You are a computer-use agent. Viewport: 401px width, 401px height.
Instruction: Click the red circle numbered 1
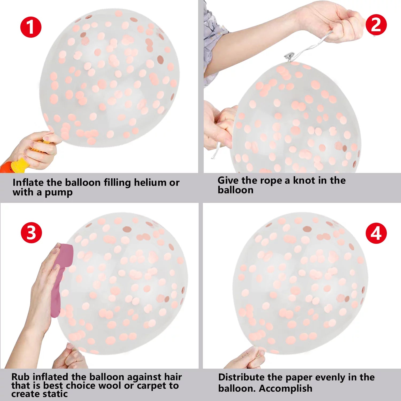point(31,27)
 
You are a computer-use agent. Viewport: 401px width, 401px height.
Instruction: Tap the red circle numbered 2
point(376,25)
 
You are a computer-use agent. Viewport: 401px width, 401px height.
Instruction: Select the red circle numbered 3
point(31,233)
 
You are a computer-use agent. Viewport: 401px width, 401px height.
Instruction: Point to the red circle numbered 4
point(376,233)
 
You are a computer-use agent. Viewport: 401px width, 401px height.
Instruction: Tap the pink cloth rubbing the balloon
point(60,279)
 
